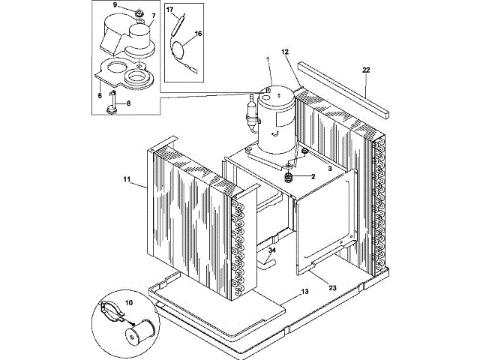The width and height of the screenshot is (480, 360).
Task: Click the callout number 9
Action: coord(115,5)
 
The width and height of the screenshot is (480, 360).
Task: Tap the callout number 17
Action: coord(169,10)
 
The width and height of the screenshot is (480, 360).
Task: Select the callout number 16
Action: coord(198,34)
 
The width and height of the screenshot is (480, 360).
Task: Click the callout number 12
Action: coord(285,52)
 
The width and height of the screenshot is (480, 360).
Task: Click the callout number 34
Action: coord(271,250)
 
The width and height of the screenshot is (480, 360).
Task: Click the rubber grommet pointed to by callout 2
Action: coord(288,177)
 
